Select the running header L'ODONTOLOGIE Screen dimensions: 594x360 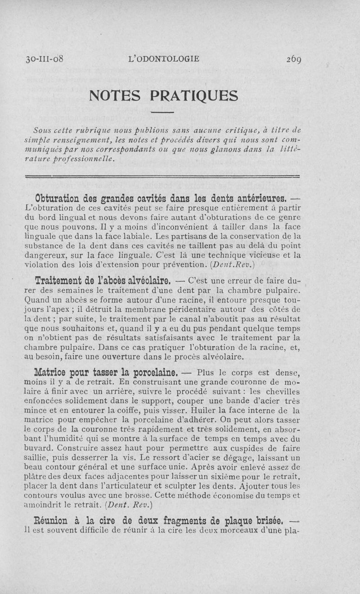click(x=164, y=59)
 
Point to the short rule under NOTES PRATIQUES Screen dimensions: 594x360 click(x=162, y=112)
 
